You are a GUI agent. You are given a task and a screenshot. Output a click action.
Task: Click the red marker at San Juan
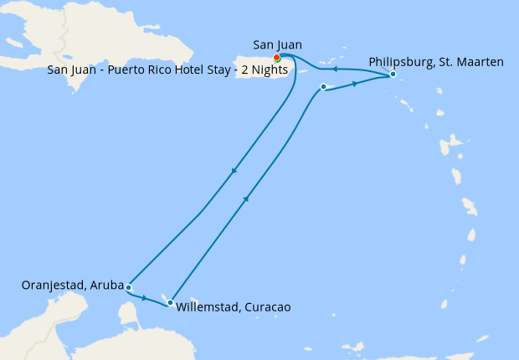tap(276, 58)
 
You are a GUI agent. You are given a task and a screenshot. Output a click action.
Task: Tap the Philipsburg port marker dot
tap(392, 75)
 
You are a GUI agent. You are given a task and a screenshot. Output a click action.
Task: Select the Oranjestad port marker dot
tap(128, 287)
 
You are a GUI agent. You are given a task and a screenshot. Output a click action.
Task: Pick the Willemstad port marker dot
tap(170, 302)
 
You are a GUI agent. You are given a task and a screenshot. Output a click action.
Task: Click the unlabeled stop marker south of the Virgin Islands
tap(323, 86)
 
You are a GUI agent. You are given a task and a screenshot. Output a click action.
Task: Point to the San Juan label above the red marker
tap(277, 44)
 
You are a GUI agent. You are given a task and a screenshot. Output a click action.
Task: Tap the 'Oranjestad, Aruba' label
tap(72, 285)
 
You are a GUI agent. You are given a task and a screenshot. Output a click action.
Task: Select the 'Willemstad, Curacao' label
tap(234, 307)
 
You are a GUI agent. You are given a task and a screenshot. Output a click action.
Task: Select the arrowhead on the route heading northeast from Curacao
tap(246, 198)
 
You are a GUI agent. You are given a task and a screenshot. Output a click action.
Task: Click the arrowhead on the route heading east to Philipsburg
tap(355, 84)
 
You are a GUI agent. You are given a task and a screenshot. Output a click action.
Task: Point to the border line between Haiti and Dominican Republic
tap(61, 38)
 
